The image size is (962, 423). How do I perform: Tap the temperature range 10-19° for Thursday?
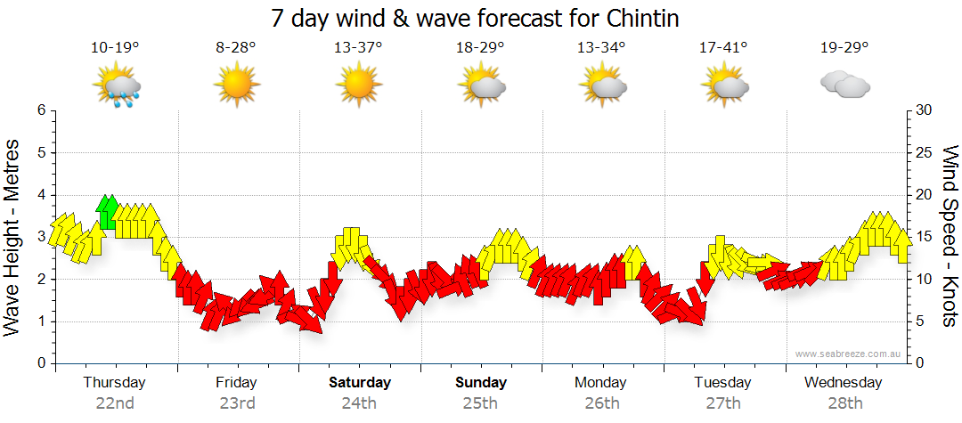click(116, 47)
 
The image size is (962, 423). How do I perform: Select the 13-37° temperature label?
click(358, 47)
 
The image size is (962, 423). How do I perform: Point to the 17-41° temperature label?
click(723, 47)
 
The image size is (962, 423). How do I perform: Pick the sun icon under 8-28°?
click(236, 85)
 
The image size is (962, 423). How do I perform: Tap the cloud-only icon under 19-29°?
click(844, 85)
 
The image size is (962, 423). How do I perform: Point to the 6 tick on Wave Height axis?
click(41, 110)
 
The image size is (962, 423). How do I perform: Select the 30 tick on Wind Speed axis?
click(924, 110)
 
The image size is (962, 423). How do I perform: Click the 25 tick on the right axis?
click(924, 153)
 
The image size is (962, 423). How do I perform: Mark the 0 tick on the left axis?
click(41, 363)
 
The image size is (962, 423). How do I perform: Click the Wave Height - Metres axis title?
click(14, 236)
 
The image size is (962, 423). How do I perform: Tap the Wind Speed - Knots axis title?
click(950, 236)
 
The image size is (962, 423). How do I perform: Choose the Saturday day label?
click(360, 383)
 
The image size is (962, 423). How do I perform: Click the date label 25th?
click(480, 403)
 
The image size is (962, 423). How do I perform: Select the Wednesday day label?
click(843, 383)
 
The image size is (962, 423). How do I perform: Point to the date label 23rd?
click(237, 403)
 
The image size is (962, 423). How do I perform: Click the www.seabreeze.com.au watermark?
click(849, 354)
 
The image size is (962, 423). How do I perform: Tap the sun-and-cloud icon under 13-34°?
click(602, 85)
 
